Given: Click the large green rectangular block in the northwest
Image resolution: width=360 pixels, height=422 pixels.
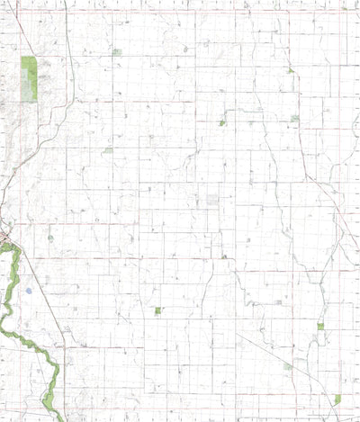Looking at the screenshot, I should click(x=29, y=78).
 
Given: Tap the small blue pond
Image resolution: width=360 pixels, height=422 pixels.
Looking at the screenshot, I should click(x=29, y=291).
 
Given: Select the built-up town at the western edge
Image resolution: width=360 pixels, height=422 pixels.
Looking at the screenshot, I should click(x=4, y=238).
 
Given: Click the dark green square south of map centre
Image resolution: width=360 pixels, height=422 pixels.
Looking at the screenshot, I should click(x=157, y=310).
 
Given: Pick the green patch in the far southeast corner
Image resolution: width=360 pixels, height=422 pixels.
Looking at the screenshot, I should click(x=337, y=399).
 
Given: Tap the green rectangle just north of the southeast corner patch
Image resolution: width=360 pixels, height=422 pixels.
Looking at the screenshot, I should click(x=320, y=327).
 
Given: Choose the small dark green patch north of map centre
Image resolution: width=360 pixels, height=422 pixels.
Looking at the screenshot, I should click(x=222, y=122).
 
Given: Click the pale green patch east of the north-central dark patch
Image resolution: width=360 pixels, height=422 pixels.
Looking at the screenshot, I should click(x=294, y=118).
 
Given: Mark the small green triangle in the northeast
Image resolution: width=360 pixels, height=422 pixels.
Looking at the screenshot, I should click(x=290, y=70).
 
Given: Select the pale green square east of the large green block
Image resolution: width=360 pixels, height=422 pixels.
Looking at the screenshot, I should click(x=117, y=52).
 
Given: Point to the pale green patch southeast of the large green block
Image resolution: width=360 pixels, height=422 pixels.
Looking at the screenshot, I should click(x=108, y=149).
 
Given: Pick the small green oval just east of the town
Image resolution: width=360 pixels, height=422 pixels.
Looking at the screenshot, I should click(x=50, y=238).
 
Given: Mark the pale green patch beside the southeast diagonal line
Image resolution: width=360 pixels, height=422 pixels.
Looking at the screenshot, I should click(x=287, y=366).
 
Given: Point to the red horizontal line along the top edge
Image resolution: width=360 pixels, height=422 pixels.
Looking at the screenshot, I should click(x=180, y=11).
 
